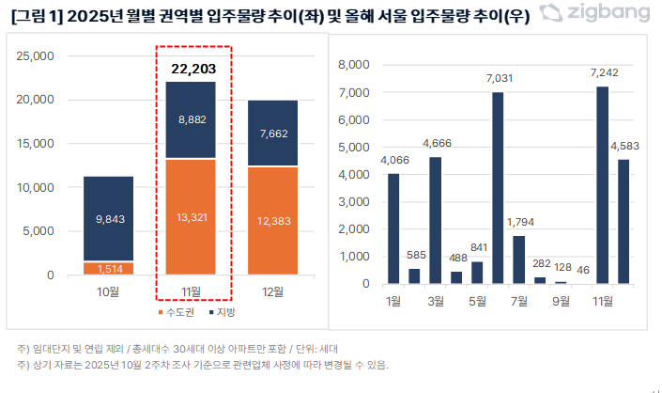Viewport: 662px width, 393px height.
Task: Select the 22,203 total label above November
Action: pyautogui.click(x=192, y=69)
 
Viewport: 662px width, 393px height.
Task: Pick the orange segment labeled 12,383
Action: pyautogui.click(x=272, y=221)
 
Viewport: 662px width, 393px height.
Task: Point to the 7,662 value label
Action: pyautogui.click(x=272, y=134)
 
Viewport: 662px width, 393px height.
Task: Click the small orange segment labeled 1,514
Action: pyautogui.click(x=108, y=268)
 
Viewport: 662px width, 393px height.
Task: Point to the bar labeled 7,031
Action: pyautogui.click(x=498, y=188)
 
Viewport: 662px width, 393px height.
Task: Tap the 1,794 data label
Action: pyautogui.click(x=519, y=223)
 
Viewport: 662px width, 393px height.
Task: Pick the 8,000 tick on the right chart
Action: pyautogui.click(x=353, y=65)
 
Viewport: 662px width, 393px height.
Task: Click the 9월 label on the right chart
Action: pyautogui.click(x=561, y=302)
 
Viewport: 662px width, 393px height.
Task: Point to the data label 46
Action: pyautogui.click(x=581, y=270)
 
